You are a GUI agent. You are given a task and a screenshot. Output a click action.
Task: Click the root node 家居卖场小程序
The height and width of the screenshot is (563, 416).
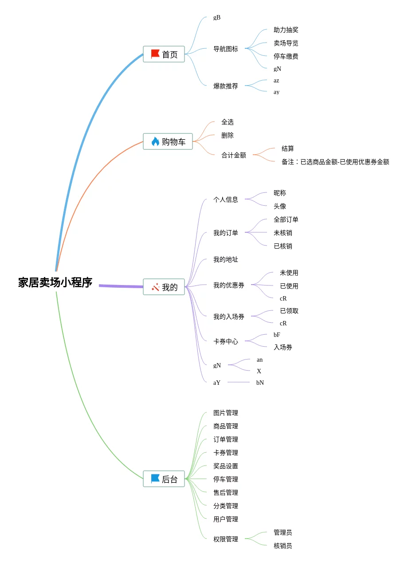pos(55,282)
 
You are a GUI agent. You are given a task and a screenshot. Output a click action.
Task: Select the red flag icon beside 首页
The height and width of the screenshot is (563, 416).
pos(155,54)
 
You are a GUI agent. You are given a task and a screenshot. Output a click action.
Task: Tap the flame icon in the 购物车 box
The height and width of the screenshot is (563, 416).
pos(155,141)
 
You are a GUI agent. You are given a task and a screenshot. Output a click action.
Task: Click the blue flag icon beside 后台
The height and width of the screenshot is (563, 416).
pos(155,479)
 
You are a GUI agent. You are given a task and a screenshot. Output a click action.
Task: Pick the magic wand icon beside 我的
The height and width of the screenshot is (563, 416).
pos(155,287)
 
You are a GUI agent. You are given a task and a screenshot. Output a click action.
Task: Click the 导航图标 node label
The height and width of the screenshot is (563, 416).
pos(226,49)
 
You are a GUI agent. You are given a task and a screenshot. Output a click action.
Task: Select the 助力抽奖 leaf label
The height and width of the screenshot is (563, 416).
pos(286,30)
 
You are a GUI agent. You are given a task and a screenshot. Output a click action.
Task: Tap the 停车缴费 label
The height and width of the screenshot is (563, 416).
pos(286,56)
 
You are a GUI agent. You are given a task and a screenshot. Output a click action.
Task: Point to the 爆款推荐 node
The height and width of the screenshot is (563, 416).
pos(226,86)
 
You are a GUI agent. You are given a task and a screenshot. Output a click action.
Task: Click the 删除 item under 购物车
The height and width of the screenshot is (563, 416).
pos(228,135)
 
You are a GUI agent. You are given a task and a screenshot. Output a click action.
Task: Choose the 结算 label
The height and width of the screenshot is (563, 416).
pos(288,149)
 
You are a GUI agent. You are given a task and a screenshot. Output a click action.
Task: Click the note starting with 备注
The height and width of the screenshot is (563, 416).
pos(335,162)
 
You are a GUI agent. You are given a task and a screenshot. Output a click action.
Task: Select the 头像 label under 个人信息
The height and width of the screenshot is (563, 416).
pos(280,206)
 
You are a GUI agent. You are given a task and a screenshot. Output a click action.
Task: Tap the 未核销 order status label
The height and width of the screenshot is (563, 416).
pos(283,233)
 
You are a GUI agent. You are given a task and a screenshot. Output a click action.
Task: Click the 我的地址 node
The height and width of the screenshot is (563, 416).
pos(226,259)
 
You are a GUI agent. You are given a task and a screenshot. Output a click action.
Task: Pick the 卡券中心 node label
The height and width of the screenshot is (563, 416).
pos(226,341)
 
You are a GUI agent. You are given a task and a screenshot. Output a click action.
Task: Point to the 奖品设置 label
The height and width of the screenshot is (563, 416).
pos(226,466)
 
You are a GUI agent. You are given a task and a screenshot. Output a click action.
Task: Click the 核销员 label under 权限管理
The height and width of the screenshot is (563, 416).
pos(283,546)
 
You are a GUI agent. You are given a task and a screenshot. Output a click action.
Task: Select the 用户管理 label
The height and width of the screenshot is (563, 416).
pos(226,519)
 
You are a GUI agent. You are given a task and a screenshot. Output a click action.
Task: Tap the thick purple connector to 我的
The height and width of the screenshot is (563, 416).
pos(121,286)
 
